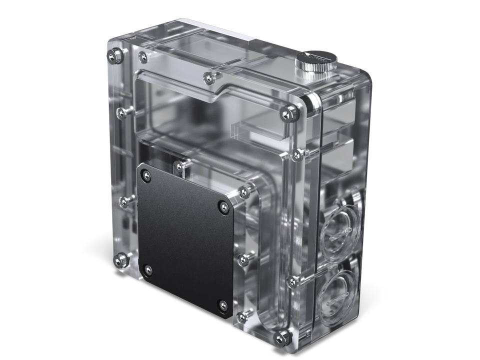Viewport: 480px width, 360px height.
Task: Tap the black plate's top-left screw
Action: (x=145, y=174)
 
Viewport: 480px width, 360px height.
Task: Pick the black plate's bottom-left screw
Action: (x=147, y=270)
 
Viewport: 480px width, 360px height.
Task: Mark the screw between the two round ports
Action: (x=291, y=282)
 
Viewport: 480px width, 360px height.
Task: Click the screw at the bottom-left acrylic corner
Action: (x=119, y=259)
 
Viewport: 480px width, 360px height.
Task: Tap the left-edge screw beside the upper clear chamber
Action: (x=120, y=110)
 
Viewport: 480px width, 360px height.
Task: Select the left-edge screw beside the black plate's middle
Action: (x=123, y=201)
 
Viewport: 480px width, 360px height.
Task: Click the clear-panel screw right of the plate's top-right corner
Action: (x=244, y=191)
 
